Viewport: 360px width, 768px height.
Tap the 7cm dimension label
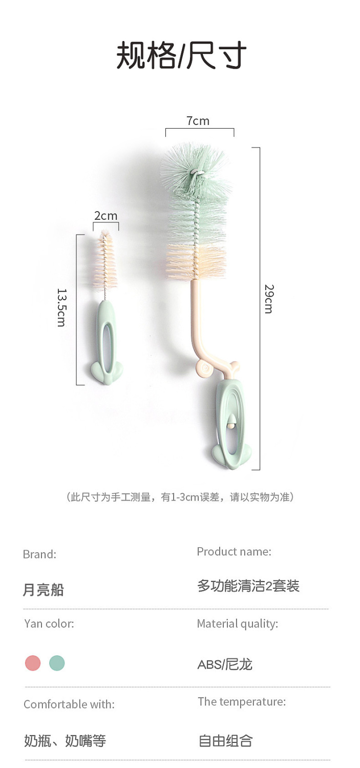tap(198, 121)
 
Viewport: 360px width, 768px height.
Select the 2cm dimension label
tap(105, 216)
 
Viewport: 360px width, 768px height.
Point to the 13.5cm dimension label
tap(61, 307)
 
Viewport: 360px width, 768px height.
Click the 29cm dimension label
tap(269, 298)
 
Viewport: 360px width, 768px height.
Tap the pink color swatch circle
tap(33, 663)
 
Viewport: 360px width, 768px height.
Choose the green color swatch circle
tap(57, 663)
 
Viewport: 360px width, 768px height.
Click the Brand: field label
tap(39, 554)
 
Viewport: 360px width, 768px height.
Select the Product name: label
tap(234, 551)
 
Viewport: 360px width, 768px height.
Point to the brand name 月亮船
tap(43, 589)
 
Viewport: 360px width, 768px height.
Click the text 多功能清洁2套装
tap(248, 586)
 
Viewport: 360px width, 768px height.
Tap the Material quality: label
tap(238, 624)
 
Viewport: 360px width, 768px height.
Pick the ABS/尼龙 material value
tap(225, 665)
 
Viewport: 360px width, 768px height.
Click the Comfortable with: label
tap(69, 704)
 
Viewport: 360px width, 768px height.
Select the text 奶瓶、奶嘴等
tap(65, 741)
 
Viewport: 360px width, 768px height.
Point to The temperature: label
tap(242, 701)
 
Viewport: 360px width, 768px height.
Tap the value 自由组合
tap(225, 741)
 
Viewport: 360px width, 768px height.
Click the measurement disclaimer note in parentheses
tap(180, 497)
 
